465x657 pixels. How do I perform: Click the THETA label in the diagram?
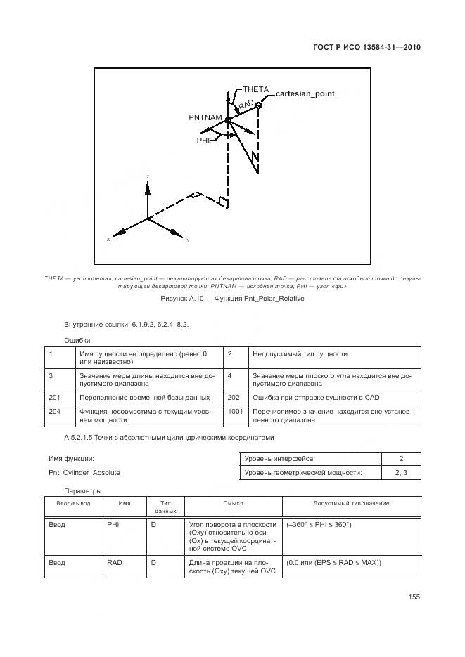[256, 89]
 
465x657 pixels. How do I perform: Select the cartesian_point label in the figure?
[305, 93]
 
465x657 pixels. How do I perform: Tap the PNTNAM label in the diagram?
[205, 117]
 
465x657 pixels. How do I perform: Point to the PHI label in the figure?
[203, 141]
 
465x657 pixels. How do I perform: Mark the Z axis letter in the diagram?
[148, 176]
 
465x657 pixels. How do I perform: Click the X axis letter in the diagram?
[108, 240]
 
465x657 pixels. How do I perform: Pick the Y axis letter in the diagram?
[188, 240]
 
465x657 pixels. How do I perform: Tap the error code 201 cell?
[55, 396]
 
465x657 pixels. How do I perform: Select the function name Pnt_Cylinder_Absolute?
[84, 473]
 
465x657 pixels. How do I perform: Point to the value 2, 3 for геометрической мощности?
[400, 473]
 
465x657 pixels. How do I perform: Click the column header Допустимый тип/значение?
[351, 504]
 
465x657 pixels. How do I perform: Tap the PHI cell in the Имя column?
[113, 524]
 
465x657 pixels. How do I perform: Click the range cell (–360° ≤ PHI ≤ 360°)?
[319, 524]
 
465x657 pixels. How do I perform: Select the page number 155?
[414, 597]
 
